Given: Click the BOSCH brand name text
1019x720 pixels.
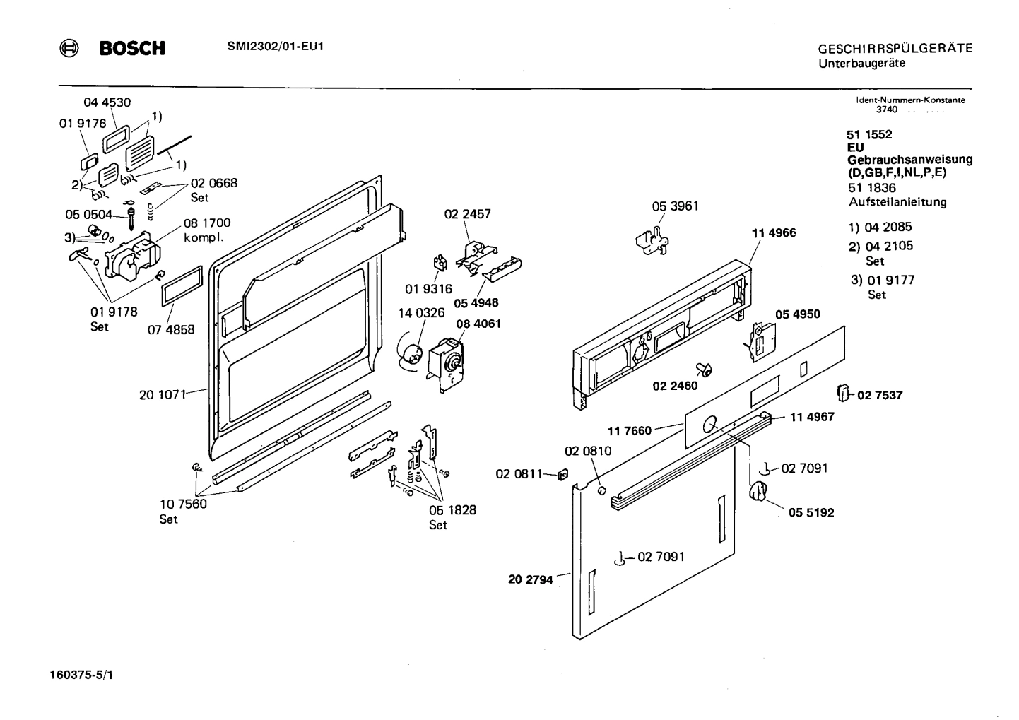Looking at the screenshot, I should click(x=132, y=48).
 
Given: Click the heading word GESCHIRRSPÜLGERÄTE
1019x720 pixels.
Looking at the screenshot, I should click(x=895, y=49).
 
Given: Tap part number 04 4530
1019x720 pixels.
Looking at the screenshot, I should click(x=107, y=102).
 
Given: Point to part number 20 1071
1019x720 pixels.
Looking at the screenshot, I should click(x=162, y=395).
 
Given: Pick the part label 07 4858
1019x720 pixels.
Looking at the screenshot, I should click(x=170, y=329).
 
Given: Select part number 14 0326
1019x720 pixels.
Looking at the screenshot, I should click(x=422, y=312).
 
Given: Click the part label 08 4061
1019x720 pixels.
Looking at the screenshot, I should click(x=478, y=324).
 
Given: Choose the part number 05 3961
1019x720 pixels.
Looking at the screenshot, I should click(x=675, y=206).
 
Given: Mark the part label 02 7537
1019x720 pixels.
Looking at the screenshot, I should click(x=880, y=395).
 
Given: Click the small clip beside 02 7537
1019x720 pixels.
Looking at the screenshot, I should click(x=842, y=392).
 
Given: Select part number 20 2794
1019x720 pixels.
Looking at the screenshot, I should click(x=531, y=580).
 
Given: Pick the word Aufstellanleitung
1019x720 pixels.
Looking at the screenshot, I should click(x=897, y=202).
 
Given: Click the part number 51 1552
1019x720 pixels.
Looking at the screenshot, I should click(x=869, y=134).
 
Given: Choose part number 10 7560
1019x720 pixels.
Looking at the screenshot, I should click(x=183, y=504).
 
